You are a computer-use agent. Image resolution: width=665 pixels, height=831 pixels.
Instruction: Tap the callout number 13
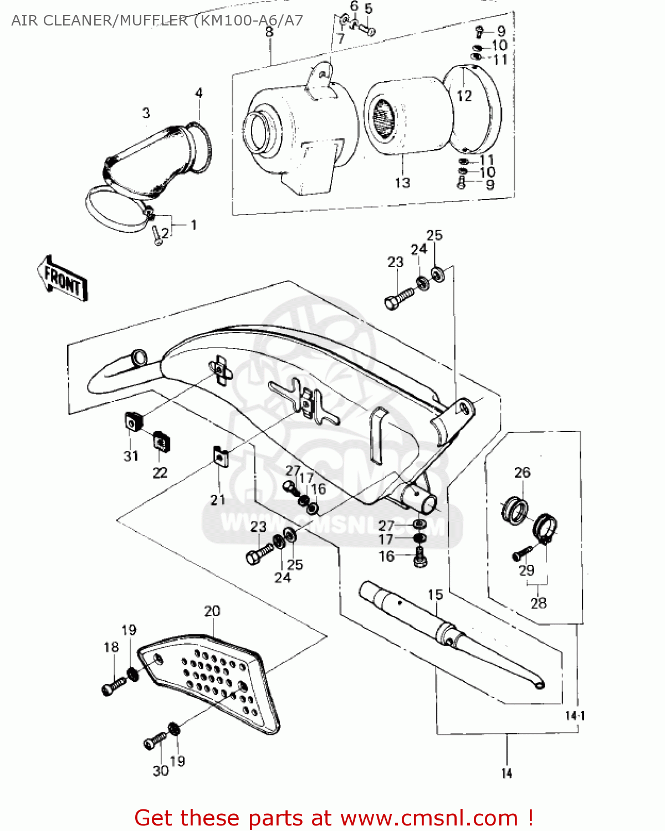(x=402, y=182)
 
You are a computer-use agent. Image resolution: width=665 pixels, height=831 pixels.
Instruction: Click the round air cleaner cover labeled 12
(x=474, y=108)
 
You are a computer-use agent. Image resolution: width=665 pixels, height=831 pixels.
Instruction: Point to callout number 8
(x=269, y=32)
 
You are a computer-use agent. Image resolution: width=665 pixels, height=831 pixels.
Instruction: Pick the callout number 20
(x=212, y=611)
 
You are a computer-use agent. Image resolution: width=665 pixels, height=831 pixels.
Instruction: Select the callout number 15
(x=435, y=594)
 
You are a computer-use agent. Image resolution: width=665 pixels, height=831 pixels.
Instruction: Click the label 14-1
(x=575, y=715)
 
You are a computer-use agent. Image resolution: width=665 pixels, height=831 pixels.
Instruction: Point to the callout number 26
(x=522, y=473)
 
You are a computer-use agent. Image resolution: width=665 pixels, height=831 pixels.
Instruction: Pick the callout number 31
(x=131, y=456)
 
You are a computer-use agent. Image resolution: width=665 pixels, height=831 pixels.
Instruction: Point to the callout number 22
(x=160, y=473)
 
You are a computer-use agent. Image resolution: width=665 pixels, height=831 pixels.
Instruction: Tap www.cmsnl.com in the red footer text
(x=428, y=818)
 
